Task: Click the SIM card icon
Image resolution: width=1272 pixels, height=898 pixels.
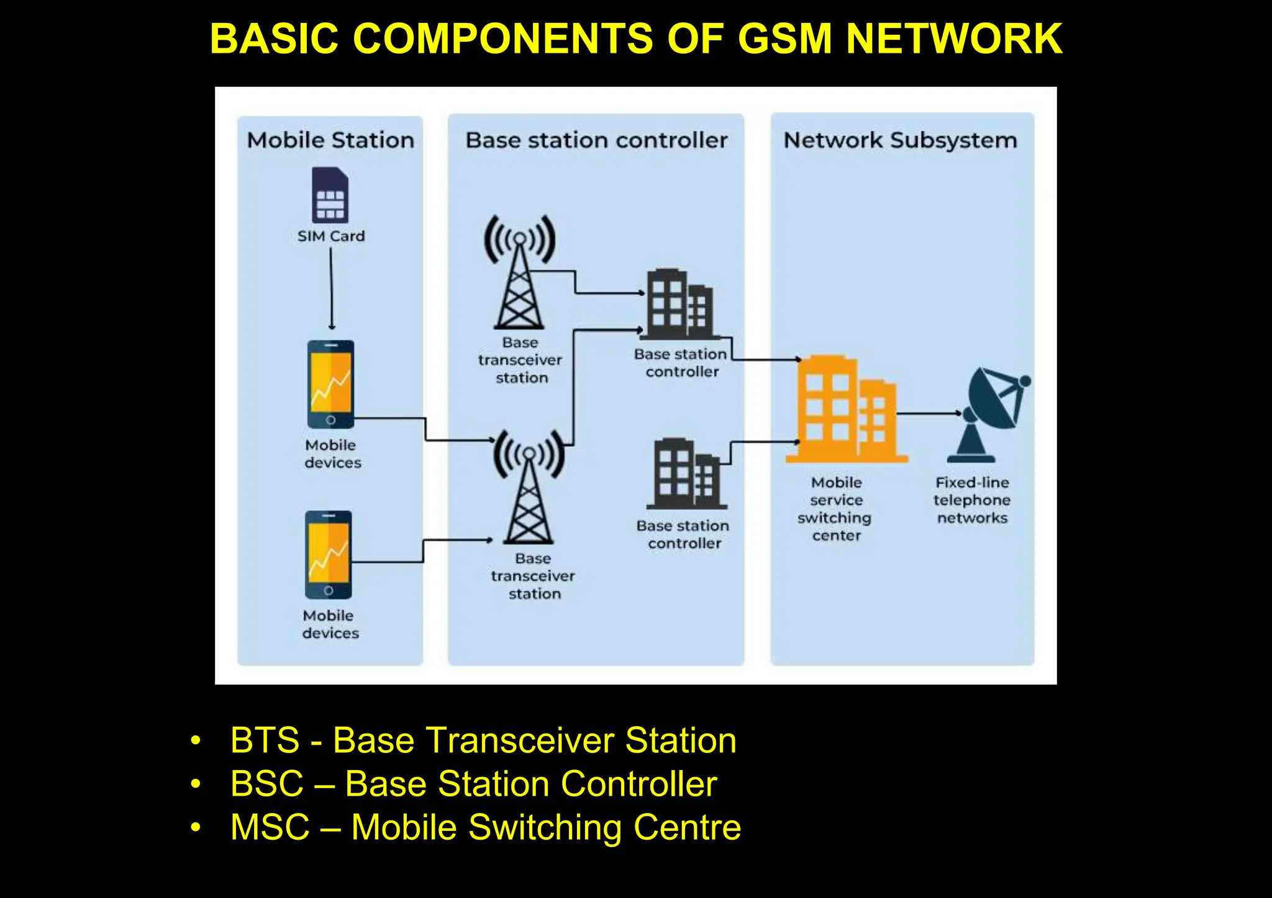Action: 330,195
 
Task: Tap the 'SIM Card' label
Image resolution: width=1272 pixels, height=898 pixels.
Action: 330,236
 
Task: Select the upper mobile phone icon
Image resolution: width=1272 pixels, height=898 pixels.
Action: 330,384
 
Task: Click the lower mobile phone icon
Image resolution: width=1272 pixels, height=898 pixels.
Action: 328,554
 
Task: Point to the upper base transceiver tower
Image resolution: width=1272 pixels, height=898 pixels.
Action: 519,273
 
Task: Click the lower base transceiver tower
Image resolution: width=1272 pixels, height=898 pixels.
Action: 529,487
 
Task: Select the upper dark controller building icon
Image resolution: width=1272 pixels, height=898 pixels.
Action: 679,305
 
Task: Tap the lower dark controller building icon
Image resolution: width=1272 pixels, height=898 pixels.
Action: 686,474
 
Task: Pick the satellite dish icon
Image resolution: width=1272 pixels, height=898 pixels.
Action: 992,412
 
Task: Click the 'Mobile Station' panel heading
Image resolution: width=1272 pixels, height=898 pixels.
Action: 330,140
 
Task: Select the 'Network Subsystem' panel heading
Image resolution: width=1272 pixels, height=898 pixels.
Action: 901,140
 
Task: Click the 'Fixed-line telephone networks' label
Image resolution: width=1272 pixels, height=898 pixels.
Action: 972,500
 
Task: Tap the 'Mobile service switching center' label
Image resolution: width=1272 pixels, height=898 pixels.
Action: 835,509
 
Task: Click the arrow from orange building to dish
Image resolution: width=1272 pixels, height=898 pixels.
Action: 929,413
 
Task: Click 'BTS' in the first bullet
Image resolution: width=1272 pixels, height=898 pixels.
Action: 265,740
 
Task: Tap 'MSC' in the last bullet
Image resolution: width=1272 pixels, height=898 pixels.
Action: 270,827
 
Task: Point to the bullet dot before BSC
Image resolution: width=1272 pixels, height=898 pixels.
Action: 196,784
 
